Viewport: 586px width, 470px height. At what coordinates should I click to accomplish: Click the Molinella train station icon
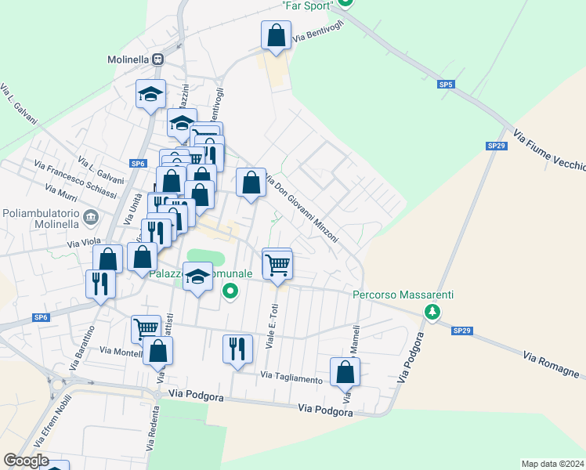pyautogui.click(x=158, y=59)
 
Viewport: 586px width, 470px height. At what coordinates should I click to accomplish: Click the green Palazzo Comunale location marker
pyautogui.click(x=230, y=293)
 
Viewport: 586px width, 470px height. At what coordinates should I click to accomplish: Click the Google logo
pyautogui.click(x=26, y=461)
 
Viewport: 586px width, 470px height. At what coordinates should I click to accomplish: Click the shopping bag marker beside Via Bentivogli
pyautogui.click(x=276, y=36)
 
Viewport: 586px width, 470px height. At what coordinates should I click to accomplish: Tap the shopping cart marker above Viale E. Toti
pyautogui.click(x=277, y=266)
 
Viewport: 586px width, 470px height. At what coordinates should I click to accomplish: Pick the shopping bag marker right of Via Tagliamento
pyautogui.click(x=345, y=373)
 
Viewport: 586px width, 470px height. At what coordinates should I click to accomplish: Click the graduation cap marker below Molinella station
pyautogui.click(x=150, y=96)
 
